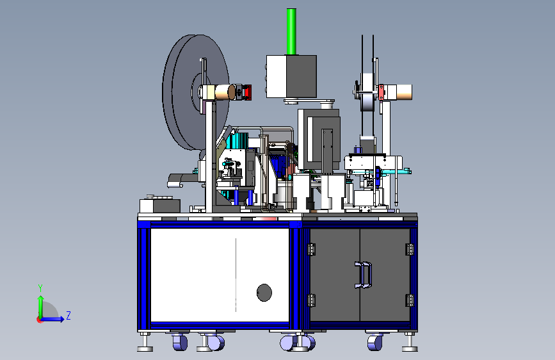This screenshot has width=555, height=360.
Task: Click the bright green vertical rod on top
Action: point(291,31)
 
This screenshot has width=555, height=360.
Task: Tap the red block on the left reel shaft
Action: point(247,92)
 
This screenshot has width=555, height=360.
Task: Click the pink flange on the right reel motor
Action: point(382,92)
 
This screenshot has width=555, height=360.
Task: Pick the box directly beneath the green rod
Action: point(291,76)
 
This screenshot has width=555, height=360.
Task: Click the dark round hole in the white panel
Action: point(264,293)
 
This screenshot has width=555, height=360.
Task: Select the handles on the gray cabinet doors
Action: point(363,275)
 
